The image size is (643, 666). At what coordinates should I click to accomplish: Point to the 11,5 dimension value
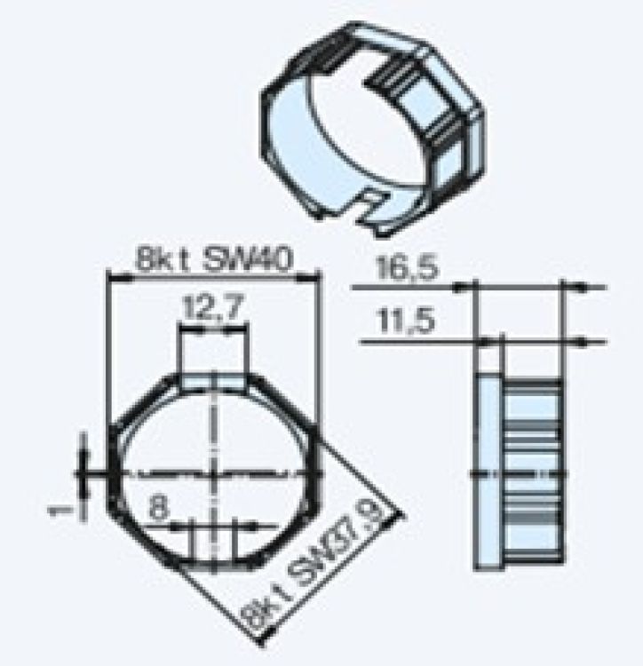point(401,320)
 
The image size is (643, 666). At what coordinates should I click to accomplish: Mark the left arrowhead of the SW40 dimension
point(112,278)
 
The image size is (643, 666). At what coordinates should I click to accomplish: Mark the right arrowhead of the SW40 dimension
point(314,278)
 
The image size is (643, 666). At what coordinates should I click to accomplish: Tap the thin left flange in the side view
point(487,471)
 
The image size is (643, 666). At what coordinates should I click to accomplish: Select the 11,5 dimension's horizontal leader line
point(409,341)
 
